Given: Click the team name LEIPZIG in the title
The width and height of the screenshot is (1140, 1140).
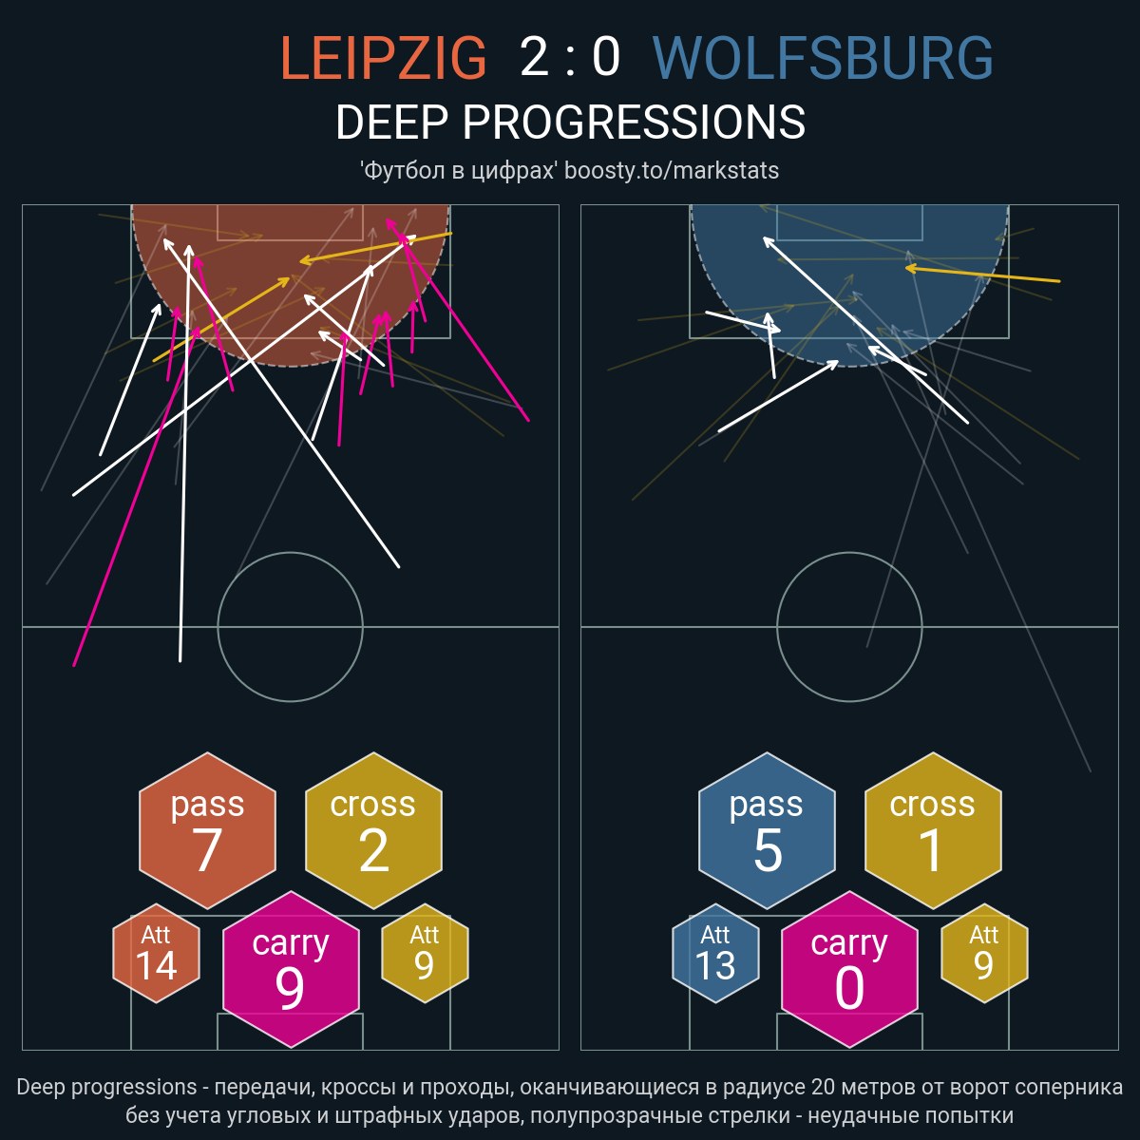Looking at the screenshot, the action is [383, 57].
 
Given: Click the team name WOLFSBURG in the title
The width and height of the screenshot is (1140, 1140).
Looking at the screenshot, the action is [823, 57].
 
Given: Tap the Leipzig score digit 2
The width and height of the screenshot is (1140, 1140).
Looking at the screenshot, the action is [534, 57].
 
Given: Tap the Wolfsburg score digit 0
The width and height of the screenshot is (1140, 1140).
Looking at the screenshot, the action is [606, 57].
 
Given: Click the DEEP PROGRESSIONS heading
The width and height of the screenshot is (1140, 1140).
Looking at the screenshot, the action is [570, 123].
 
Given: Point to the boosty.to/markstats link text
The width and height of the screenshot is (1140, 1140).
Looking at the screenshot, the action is [672, 170].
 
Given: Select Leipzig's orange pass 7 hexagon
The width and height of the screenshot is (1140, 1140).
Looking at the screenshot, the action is [208, 830].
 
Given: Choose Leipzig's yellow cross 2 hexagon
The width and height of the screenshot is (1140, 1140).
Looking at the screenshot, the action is [373, 830].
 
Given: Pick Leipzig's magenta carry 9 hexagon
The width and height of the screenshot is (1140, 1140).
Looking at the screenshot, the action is [291, 969].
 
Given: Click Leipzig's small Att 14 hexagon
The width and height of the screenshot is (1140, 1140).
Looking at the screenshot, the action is [156, 953].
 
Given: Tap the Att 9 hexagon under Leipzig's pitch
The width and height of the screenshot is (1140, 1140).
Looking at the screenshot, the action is [425, 953].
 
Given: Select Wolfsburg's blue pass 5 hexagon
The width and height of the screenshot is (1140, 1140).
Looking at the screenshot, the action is [767, 830].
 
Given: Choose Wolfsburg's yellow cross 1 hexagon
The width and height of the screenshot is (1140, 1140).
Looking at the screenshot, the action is [933, 830].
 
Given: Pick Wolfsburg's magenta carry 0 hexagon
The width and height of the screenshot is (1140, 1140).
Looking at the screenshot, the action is [849, 969].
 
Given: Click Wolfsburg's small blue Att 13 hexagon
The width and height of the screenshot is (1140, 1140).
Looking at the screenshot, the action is [715, 953].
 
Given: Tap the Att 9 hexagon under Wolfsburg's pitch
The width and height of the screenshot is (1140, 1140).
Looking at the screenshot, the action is [984, 953].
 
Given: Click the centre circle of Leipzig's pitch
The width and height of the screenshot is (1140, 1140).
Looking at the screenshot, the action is [291, 553].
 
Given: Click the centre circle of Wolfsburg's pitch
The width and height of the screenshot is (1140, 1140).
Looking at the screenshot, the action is [849, 553].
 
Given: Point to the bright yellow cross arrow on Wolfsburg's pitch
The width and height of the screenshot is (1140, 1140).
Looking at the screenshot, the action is [982, 275].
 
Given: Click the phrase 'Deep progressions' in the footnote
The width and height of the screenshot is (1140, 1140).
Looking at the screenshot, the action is [106, 1088].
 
